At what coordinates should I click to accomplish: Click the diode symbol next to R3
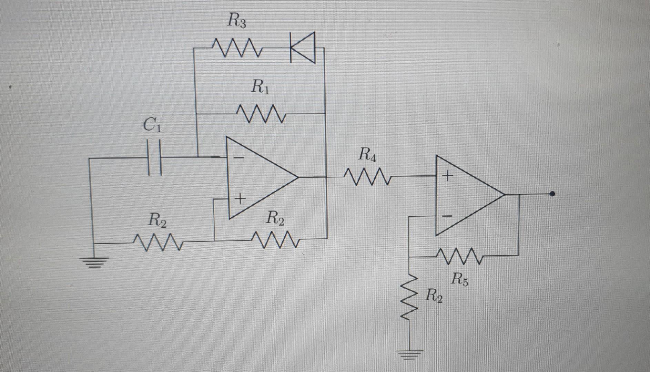pos(302,48)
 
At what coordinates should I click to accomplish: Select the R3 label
pos(237,22)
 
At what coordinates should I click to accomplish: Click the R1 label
pos(261,86)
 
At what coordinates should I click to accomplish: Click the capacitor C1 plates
pos(154,157)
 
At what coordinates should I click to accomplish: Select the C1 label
pos(152,125)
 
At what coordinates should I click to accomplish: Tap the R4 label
pos(367,154)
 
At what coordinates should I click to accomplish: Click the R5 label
pos(460,279)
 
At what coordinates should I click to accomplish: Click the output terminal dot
pos(552,194)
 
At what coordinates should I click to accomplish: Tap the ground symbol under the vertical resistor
pos(409,354)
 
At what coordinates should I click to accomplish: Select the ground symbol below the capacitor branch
pos(94,262)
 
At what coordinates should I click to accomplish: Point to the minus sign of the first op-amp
pos(239,158)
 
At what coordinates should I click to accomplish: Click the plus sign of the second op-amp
pos(447,176)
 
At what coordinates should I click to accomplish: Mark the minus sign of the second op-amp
pos(447,216)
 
